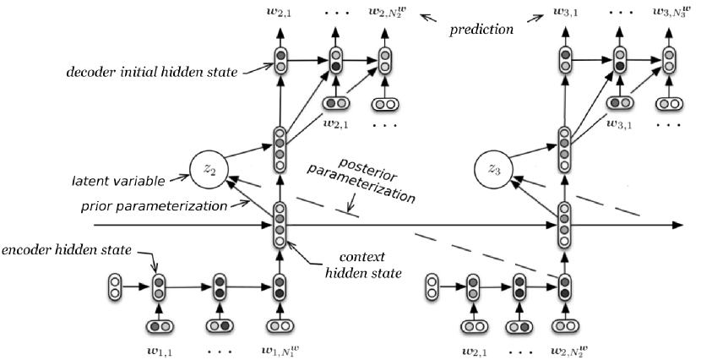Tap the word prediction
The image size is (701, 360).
tap(481, 29)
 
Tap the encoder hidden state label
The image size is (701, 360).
tap(57, 251)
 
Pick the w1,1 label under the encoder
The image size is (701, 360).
tap(158, 347)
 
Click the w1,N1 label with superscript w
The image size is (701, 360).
tap(281, 347)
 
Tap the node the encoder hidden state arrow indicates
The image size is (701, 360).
tap(158, 287)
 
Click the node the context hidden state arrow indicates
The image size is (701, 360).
tap(280, 226)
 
